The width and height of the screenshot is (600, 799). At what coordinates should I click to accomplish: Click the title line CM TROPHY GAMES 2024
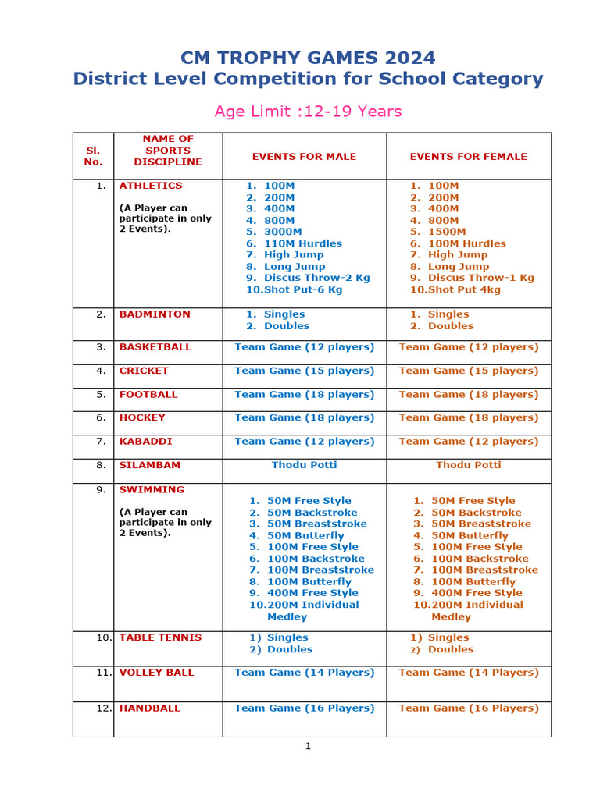(308, 58)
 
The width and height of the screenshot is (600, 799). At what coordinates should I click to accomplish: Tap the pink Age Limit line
(308, 111)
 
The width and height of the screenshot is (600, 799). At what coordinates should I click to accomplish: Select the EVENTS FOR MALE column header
(304, 157)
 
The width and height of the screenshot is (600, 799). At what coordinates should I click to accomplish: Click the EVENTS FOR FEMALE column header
(468, 157)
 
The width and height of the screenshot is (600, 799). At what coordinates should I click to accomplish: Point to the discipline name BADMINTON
(155, 314)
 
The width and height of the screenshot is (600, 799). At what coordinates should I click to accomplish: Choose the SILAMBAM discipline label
(149, 465)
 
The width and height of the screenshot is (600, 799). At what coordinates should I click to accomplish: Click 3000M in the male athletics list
(283, 232)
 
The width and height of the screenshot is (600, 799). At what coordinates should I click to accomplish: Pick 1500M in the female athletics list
(447, 232)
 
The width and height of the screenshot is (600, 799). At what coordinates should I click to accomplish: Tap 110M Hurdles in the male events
(303, 243)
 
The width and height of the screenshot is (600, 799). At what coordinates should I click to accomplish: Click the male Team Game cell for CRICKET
(304, 371)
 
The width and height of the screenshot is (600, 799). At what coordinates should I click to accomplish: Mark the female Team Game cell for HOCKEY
(468, 417)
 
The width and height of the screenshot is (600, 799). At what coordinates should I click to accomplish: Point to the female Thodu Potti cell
(468, 465)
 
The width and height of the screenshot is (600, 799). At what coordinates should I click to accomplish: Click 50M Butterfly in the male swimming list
(305, 536)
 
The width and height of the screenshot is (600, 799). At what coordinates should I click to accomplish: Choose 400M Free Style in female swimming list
(477, 593)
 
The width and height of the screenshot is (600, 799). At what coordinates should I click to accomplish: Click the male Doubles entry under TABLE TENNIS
(290, 649)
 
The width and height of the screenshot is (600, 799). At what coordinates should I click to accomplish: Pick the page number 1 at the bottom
(308, 747)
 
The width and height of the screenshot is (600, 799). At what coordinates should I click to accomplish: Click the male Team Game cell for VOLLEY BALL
(304, 673)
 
